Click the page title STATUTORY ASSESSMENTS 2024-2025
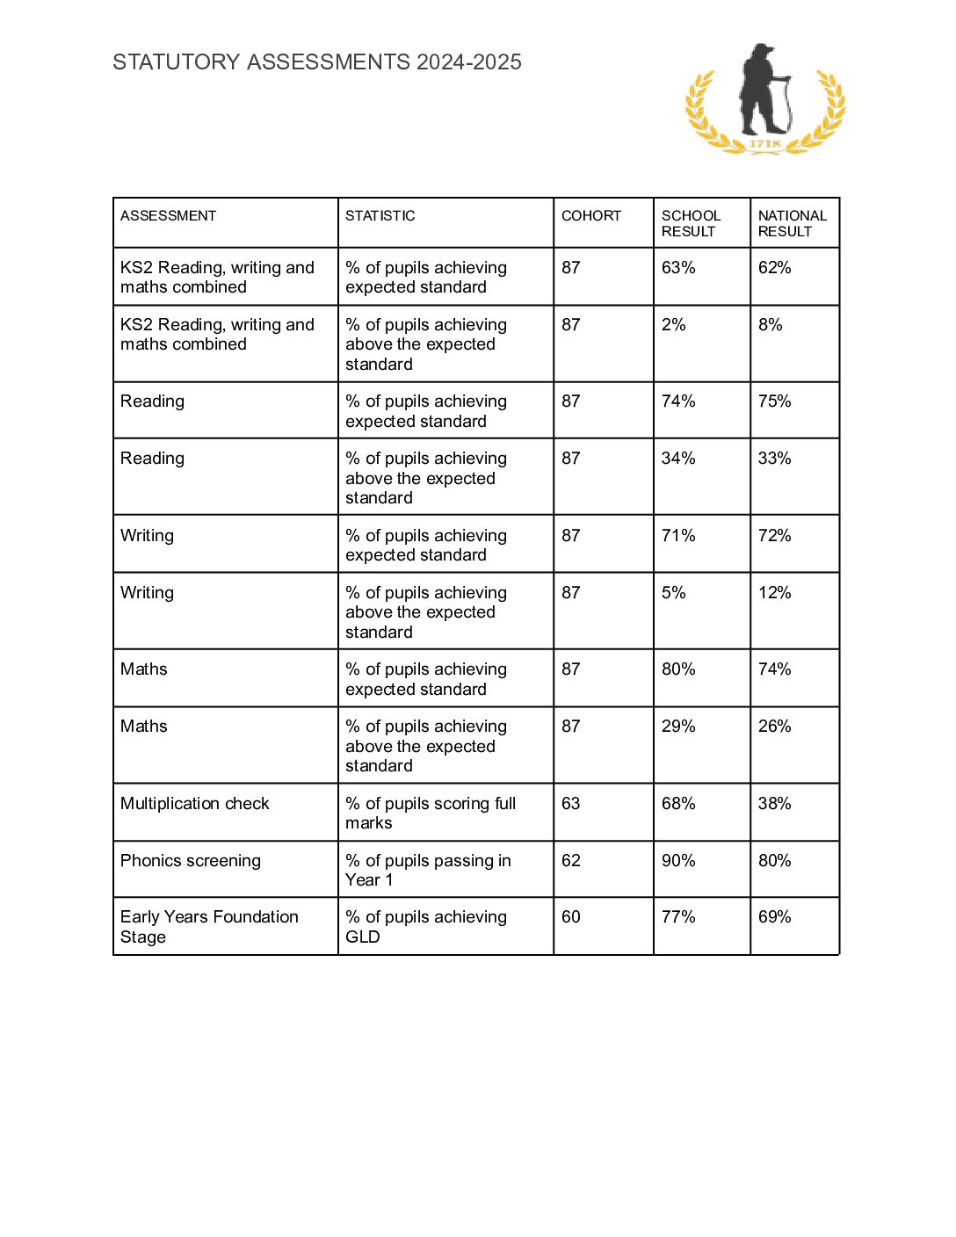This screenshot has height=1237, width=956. click(317, 62)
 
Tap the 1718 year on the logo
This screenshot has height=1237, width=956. click(765, 143)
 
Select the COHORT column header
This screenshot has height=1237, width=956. click(591, 216)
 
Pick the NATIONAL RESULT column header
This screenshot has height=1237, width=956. click(792, 223)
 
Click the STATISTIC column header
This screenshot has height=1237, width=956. click(380, 216)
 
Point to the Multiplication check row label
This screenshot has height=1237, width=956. click(195, 804)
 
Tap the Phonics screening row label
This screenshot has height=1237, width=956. click(191, 861)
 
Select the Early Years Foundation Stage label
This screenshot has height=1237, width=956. click(209, 927)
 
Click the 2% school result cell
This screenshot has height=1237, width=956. click(674, 325)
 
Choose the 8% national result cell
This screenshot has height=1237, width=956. click(771, 325)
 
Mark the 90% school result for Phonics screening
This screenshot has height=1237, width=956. click(678, 861)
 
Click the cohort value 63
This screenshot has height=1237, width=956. click(571, 804)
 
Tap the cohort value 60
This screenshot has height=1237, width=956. click(571, 917)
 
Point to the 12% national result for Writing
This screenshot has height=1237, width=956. click(775, 593)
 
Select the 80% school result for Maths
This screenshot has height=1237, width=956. click(678, 669)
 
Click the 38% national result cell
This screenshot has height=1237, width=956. click(775, 804)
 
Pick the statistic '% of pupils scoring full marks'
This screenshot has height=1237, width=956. click(431, 814)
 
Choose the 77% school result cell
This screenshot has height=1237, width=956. click(678, 917)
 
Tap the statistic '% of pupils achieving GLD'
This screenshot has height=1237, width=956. click(426, 927)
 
